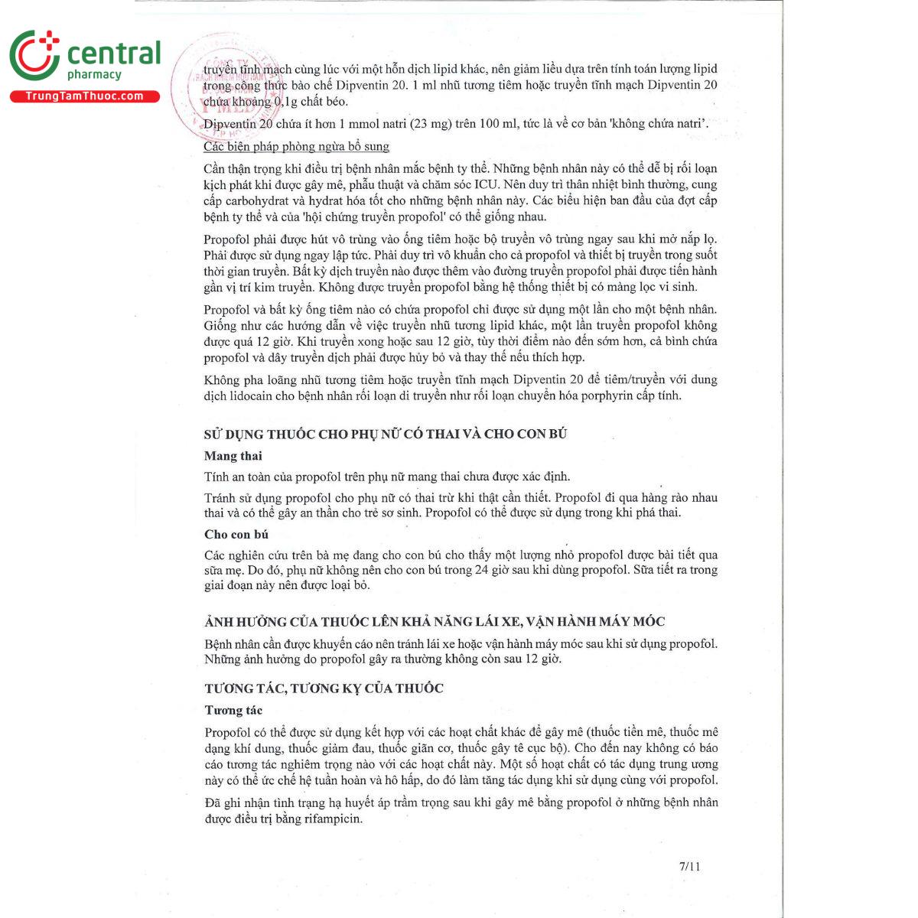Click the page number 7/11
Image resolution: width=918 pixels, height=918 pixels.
click(x=689, y=867)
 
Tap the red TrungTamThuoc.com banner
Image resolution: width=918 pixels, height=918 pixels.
click(x=85, y=96)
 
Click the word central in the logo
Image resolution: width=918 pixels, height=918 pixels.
click(x=114, y=53)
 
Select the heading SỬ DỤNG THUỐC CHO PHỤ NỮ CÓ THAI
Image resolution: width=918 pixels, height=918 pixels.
click(x=385, y=434)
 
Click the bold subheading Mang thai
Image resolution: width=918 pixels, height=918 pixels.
click(x=233, y=456)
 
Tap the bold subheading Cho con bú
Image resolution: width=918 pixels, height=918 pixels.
click(x=236, y=534)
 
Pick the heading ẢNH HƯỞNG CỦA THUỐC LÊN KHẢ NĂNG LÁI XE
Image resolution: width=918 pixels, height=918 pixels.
click(x=434, y=621)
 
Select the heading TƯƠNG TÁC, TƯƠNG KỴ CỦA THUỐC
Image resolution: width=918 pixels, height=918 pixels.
click(x=324, y=688)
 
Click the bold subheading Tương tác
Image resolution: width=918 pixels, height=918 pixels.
click(x=233, y=710)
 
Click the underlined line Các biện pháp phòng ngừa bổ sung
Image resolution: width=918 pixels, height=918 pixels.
click(x=296, y=146)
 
